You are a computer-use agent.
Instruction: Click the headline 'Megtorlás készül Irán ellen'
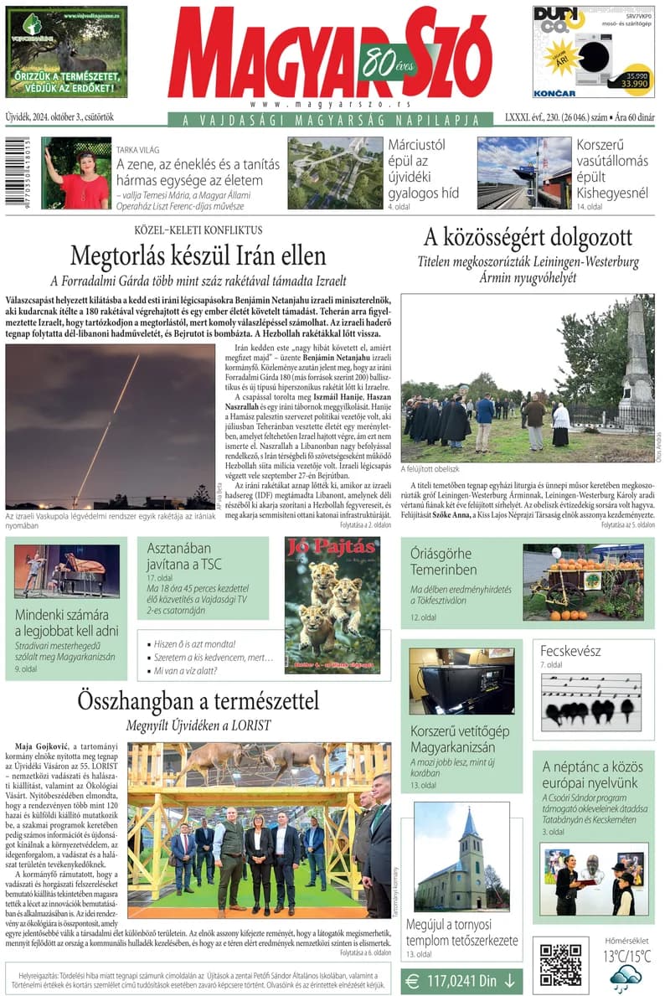coord(198,255)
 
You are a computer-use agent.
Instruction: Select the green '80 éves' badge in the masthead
coord(384,59)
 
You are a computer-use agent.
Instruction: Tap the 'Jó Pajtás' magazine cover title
coord(332,550)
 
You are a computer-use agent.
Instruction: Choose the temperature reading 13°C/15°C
coord(626,956)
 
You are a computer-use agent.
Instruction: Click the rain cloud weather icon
coord(626,978)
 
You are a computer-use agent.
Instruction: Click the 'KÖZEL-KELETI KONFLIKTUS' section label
coord(198,230)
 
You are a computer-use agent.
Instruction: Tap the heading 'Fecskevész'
coord(570,651)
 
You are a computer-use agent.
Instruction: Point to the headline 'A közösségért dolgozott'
coord(528,237)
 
